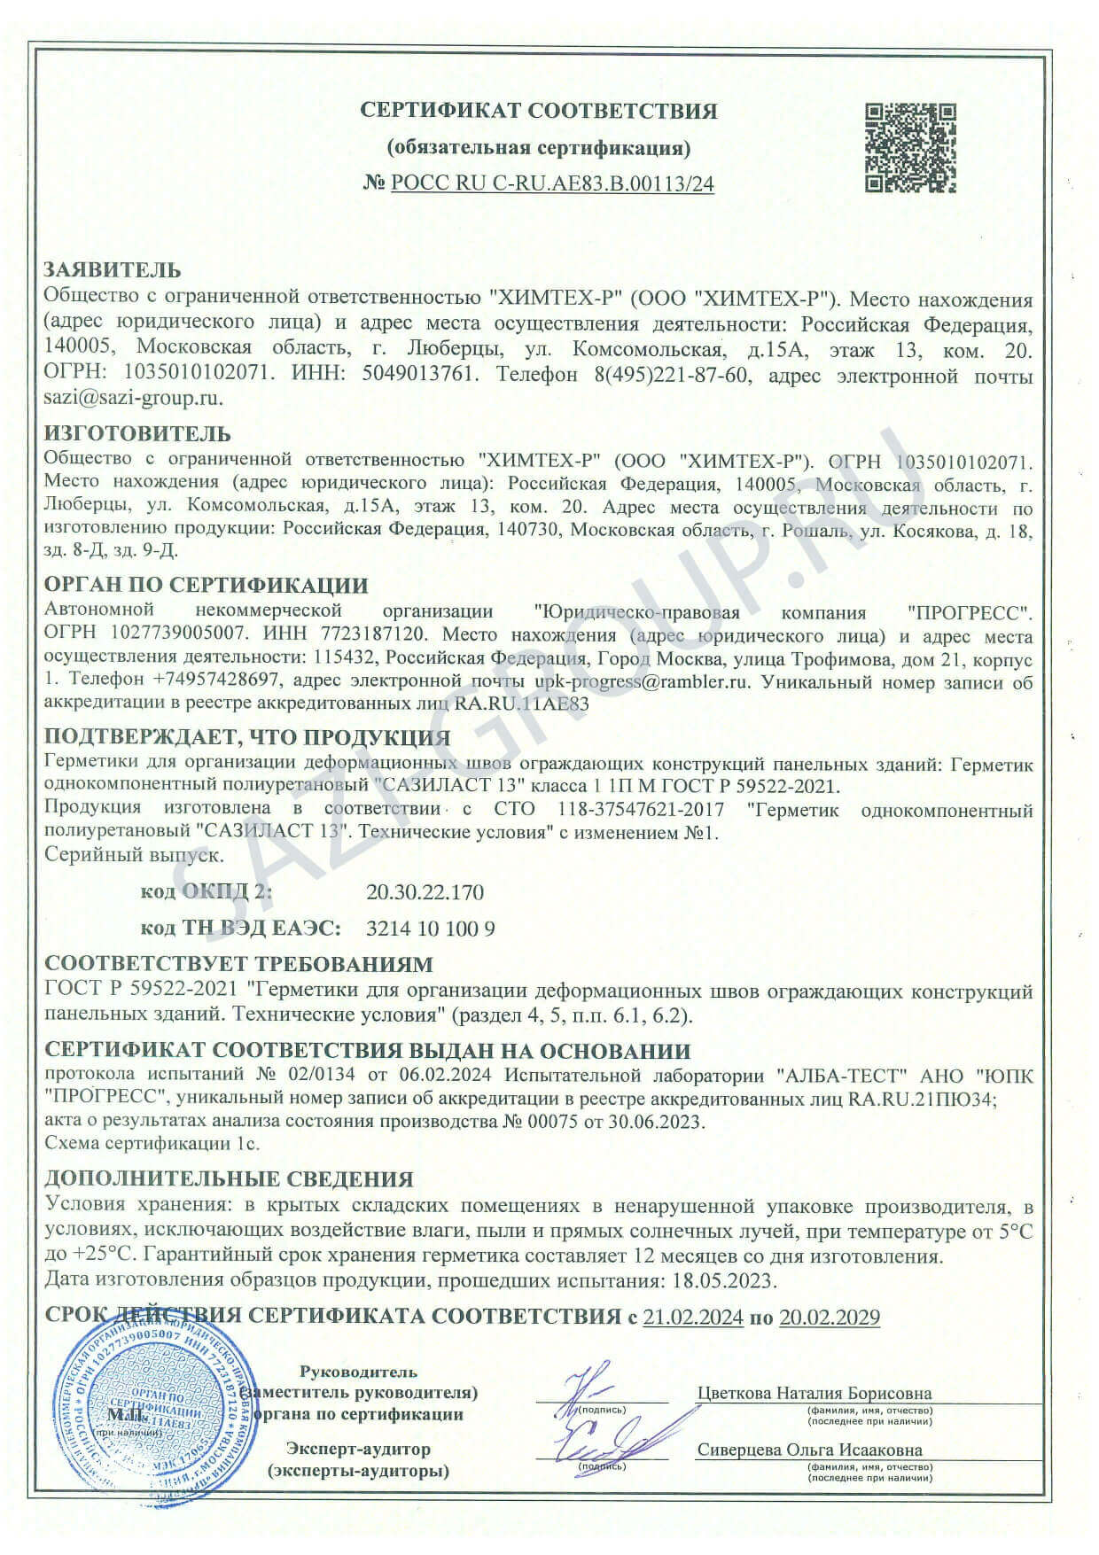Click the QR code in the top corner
(911, 148)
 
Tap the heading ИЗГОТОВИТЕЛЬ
(137, 433)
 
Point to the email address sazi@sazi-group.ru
(132, 398)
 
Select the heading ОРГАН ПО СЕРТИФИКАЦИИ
(206, 586)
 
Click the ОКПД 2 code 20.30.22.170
(425, 891)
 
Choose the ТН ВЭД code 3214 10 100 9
(430, 929)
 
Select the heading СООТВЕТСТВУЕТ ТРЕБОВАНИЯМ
(239, 964)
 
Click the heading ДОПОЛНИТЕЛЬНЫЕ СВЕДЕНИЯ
(229, 1179)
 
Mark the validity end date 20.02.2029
(829, 1318)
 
